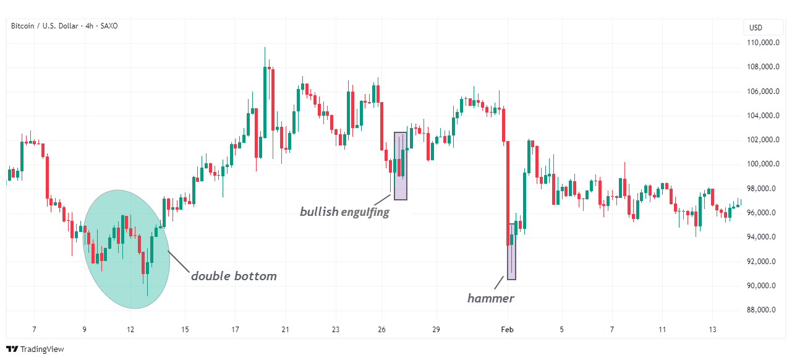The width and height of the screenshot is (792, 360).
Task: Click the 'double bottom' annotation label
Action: (234, 276)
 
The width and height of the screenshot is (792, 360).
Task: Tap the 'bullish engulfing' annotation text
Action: (344, 212)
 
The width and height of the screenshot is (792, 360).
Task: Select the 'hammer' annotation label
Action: (490, 299)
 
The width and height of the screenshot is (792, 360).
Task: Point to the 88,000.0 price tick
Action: (761, 310)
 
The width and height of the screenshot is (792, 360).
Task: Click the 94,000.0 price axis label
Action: (761, 237)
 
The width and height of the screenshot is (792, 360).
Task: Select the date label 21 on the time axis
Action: (285, 330)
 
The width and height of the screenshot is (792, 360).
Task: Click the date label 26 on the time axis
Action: (381, 330)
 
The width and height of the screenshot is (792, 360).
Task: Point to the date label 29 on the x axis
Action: (436, 330)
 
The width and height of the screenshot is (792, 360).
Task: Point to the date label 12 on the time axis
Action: (130, 330)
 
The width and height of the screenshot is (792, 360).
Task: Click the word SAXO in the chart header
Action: (108, 26)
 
